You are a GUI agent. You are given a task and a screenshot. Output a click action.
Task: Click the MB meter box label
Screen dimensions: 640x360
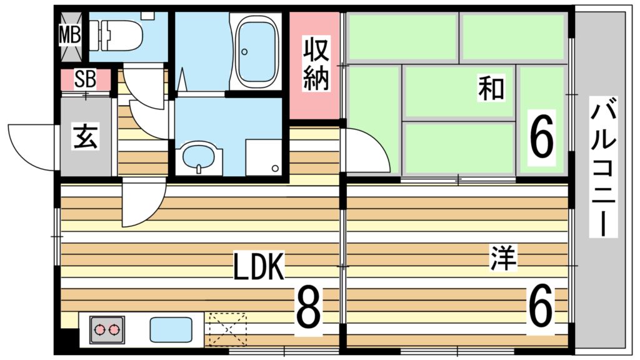pos(70,35)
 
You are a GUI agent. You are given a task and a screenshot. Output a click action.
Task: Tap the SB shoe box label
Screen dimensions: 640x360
pos(85,79)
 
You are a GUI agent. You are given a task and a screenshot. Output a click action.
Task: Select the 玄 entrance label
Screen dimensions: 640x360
pos(86,136)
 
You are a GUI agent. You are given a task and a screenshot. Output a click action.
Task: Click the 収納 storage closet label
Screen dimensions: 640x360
pos(316,64)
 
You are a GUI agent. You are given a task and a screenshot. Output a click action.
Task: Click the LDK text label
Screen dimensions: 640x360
pos(258,266)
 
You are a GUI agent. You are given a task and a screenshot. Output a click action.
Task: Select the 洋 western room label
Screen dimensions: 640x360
pos(503,257)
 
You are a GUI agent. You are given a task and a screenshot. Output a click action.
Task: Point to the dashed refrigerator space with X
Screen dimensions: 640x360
pos(227,330)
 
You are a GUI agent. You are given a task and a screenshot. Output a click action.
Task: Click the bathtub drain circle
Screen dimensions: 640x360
pos(244,52)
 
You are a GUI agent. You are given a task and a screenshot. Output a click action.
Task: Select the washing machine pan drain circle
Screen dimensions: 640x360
pos(276,168)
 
